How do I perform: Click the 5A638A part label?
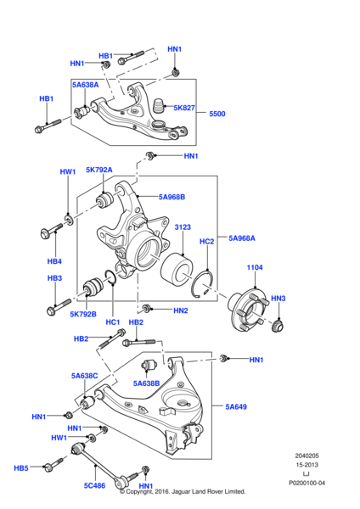coord(85,85)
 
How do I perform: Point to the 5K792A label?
coord(98,170)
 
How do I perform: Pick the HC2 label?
coord(206,242)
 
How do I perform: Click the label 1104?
coord(255,268)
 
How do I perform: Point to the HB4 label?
coord(54,260)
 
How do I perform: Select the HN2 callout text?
coord(180,311)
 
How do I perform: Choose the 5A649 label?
coord(237,407)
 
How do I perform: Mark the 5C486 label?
coord(93,486)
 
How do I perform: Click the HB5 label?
coord(21,467)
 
